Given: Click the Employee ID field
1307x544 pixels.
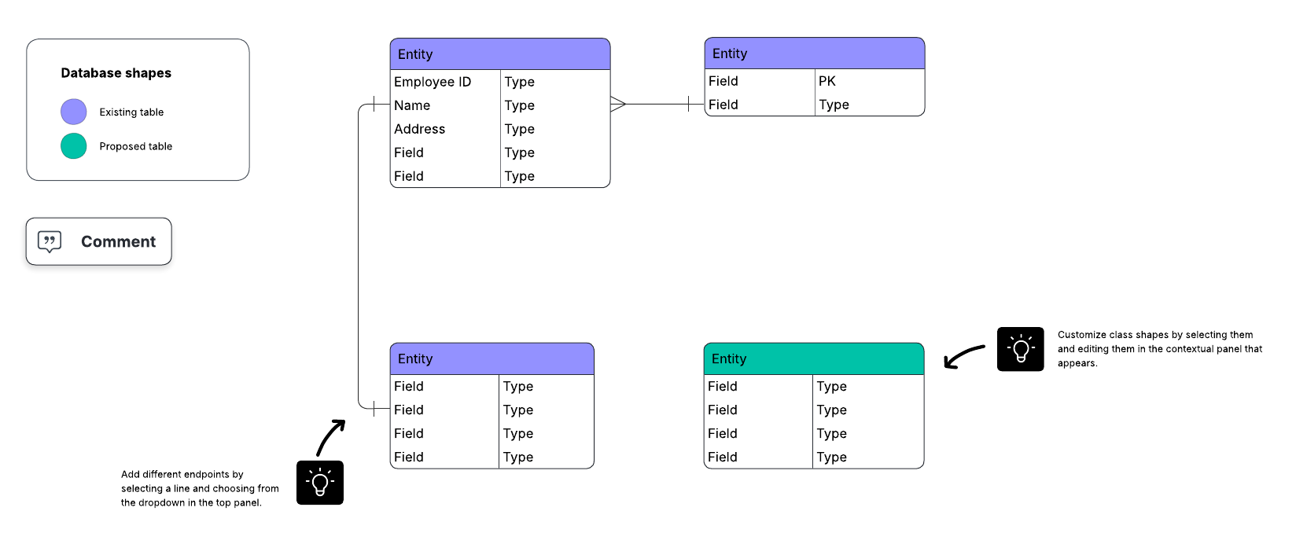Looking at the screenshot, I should (433, 82).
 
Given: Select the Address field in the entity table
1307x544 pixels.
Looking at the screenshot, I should (419, 129).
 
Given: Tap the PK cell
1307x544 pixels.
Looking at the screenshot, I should (827, 81).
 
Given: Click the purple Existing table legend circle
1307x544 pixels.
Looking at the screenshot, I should (74, 112).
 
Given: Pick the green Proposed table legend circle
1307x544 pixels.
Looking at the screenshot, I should (74, 146).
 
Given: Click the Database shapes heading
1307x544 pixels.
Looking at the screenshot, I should (116, 73).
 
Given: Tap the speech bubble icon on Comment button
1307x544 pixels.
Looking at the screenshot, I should (50, 241).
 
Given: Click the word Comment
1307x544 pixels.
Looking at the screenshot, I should (118, 241).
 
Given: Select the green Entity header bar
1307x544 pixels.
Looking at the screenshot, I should (813, 358).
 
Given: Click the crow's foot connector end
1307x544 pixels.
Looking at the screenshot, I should (618, 104).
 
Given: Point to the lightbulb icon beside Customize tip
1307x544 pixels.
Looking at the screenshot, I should (1020, 349).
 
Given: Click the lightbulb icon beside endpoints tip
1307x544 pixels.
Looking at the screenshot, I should (320, 483).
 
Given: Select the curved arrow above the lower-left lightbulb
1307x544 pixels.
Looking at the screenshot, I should (330, 437).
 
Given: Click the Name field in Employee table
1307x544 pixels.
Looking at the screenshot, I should (412, 105).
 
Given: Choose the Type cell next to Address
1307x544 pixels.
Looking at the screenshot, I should (520, 129).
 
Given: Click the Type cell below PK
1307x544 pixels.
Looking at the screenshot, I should (834, 105).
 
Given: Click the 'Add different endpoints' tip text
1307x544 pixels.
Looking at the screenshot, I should (199, 488).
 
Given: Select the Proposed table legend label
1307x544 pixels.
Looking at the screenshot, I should (135, 146).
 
